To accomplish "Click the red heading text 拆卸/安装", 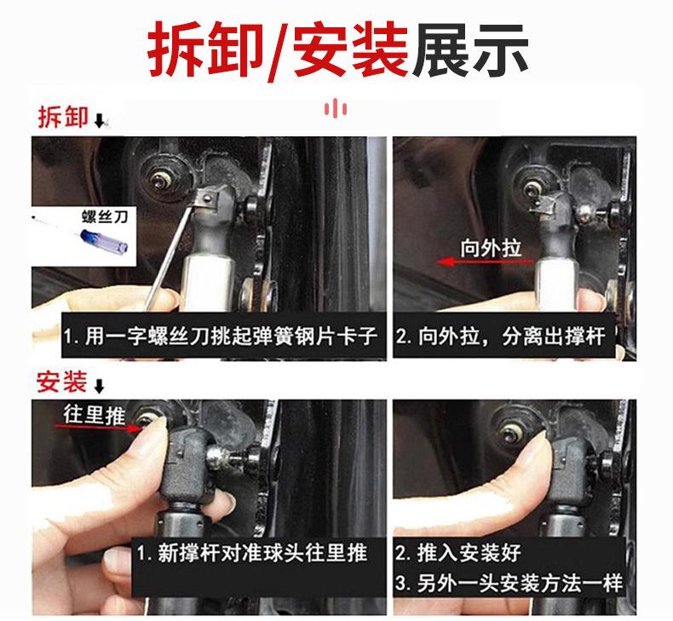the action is coord(277,49).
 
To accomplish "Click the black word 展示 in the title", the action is coord(470,49).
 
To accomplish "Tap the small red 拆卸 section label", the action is coord(63,117).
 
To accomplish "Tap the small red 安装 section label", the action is coord(62,382).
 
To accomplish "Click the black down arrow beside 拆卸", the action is coord(100,121).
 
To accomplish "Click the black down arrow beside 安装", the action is coord(99,386).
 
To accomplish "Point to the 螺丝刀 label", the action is coord(105,216).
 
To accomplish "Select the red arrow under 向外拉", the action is coord(485,262).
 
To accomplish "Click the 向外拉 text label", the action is coord(491,248).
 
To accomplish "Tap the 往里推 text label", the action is coord(95,415).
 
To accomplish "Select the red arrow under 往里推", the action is coord(99,427).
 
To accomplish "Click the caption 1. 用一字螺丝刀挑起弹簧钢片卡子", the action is coord(220,336).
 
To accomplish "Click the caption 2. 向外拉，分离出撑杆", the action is coord(500,336).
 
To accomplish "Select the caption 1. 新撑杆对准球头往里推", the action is coord(252,553).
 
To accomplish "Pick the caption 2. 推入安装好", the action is coord(458,553).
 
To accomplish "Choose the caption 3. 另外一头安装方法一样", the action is coord(509,584).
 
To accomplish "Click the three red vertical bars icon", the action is coord(335,108).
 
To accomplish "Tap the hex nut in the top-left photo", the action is coord(161,181).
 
